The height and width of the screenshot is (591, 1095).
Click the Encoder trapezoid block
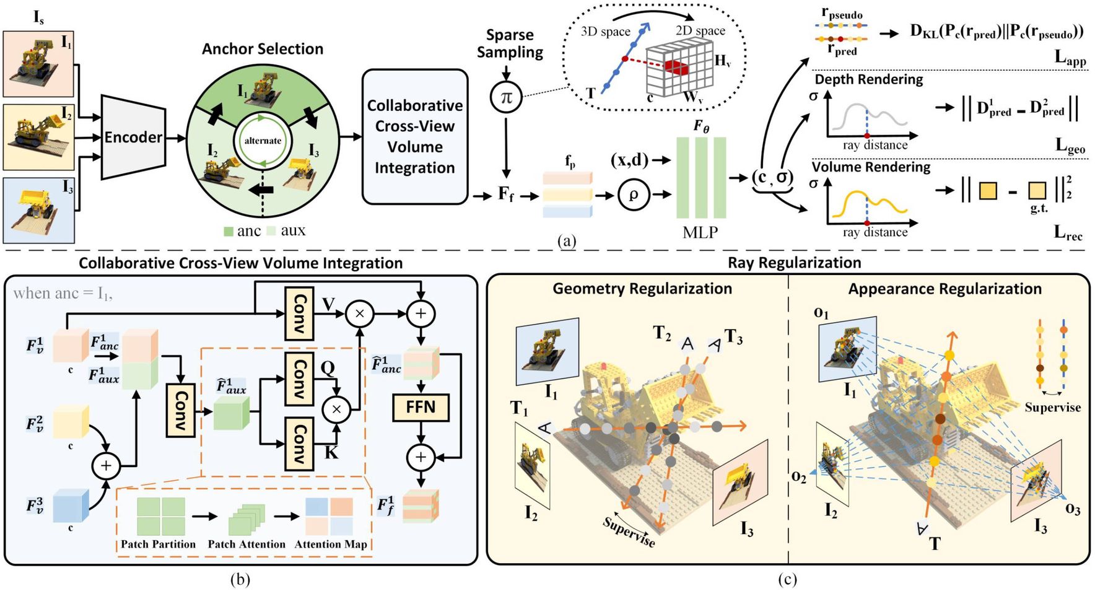133,137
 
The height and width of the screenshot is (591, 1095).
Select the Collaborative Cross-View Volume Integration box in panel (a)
414,137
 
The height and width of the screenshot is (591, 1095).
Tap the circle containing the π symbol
507,97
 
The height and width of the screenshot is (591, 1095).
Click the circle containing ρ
633,195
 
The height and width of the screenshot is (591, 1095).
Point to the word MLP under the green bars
700,232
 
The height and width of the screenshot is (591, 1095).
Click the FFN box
421,407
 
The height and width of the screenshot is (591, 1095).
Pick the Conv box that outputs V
299,313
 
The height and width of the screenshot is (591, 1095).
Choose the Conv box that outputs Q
299,378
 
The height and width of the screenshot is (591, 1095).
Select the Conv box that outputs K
299,443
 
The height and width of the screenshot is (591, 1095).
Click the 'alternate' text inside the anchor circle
263,141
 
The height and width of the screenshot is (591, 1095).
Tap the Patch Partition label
158,544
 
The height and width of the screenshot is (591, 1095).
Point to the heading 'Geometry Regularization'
642,289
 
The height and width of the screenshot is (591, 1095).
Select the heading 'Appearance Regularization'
944,289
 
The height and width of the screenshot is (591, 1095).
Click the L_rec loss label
1068,233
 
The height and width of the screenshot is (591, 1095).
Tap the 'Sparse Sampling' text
510,43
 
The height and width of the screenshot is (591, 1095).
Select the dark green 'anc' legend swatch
229,232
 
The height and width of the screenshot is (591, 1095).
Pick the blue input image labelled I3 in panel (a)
39,210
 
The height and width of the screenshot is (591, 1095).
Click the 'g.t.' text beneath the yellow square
1039,209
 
